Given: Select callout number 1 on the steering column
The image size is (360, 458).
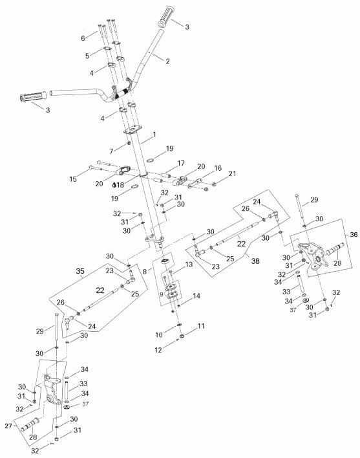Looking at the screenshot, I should click(154, 136).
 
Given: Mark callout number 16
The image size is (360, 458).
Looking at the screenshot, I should click(217, 168).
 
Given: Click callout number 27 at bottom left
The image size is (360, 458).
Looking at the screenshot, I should click(9, 426).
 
